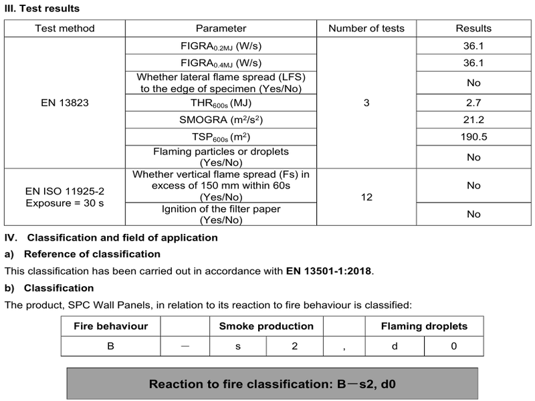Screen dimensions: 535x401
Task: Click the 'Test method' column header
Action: tap(66, 29)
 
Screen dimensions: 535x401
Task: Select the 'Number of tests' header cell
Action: tap(366, 29)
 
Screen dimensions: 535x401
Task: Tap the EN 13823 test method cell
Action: tap(66, 104)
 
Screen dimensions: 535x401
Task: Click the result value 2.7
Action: tap(473, 104)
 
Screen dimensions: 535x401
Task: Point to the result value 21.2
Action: tap(473, 120)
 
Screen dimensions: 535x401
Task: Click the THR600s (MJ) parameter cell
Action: tap(221, 104)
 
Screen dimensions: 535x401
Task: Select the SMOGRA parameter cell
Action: tap(221, 120)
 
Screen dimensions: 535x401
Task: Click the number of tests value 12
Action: tap(366, 197)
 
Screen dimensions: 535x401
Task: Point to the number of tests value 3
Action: tap(366, 104)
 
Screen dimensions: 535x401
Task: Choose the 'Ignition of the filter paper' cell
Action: tap(221, 215)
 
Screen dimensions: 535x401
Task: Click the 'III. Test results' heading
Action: tap(41, 9)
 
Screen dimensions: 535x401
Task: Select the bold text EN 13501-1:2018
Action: tap(329, 271)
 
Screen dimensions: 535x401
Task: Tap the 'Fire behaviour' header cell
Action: tap(110, 327)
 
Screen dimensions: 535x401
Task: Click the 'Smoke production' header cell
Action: tap(266, 327)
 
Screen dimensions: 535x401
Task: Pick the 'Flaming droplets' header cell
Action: tap(424, 327)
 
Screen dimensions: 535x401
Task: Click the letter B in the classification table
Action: tap(110, 347)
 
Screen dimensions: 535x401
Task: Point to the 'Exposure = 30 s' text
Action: tap(66, 203)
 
